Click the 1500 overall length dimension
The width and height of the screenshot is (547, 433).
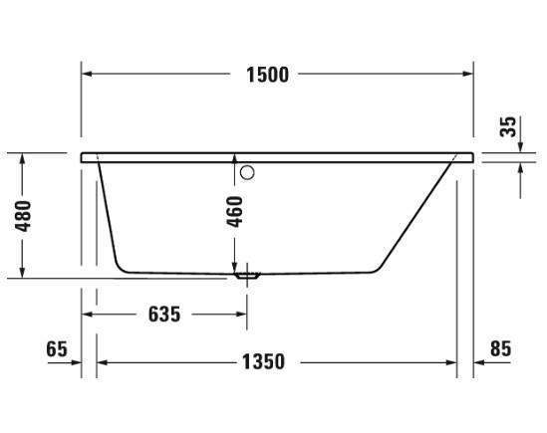coord(268,75)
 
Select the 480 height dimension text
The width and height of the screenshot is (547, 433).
coord(22,216)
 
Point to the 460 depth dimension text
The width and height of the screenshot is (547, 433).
coord(235,212)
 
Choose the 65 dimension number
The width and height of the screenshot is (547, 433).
coord(56,348)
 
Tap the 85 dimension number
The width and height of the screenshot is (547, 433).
coord(500,348)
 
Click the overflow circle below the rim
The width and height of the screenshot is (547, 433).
coord(247,172)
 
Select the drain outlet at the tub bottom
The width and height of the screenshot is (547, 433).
coord(246,274)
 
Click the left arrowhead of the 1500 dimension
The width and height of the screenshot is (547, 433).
coord(87,75)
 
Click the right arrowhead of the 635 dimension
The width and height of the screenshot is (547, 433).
coord(240,315)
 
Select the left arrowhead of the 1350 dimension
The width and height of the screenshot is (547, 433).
coord(102,361)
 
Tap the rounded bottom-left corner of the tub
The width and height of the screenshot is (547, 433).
coord(120,264)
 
